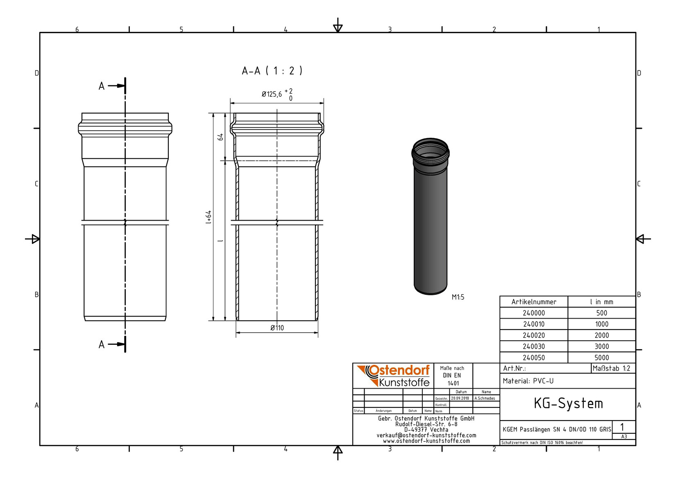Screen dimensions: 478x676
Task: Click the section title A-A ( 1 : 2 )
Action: [272, 71]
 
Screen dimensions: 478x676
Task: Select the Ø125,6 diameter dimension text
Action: [272, 94]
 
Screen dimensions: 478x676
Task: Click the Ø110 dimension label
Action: [277, 328]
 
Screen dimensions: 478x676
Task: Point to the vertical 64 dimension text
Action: [220, 137]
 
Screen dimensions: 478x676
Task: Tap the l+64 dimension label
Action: [209, 217]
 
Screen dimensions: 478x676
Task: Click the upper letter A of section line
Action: [102, 86]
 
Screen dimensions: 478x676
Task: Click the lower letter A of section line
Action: [102, 344]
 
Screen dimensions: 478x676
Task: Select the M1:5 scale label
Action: [458, 297]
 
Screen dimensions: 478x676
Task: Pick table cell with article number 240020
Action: [533, 335]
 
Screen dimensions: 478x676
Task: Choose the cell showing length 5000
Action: [601, 357]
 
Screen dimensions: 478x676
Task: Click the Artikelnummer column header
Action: [533, 302]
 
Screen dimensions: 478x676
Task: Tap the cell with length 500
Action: [601, 313]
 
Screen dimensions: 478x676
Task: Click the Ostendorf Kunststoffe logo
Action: [393, 376]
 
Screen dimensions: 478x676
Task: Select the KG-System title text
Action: [568, 404]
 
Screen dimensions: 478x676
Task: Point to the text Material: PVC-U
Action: [528, 381]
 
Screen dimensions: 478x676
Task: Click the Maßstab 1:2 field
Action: [611, 368]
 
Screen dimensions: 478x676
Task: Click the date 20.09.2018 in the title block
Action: [460, 398]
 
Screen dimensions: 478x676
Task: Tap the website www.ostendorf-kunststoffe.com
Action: [426, 441]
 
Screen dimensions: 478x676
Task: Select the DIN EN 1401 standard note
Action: [452, 376]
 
